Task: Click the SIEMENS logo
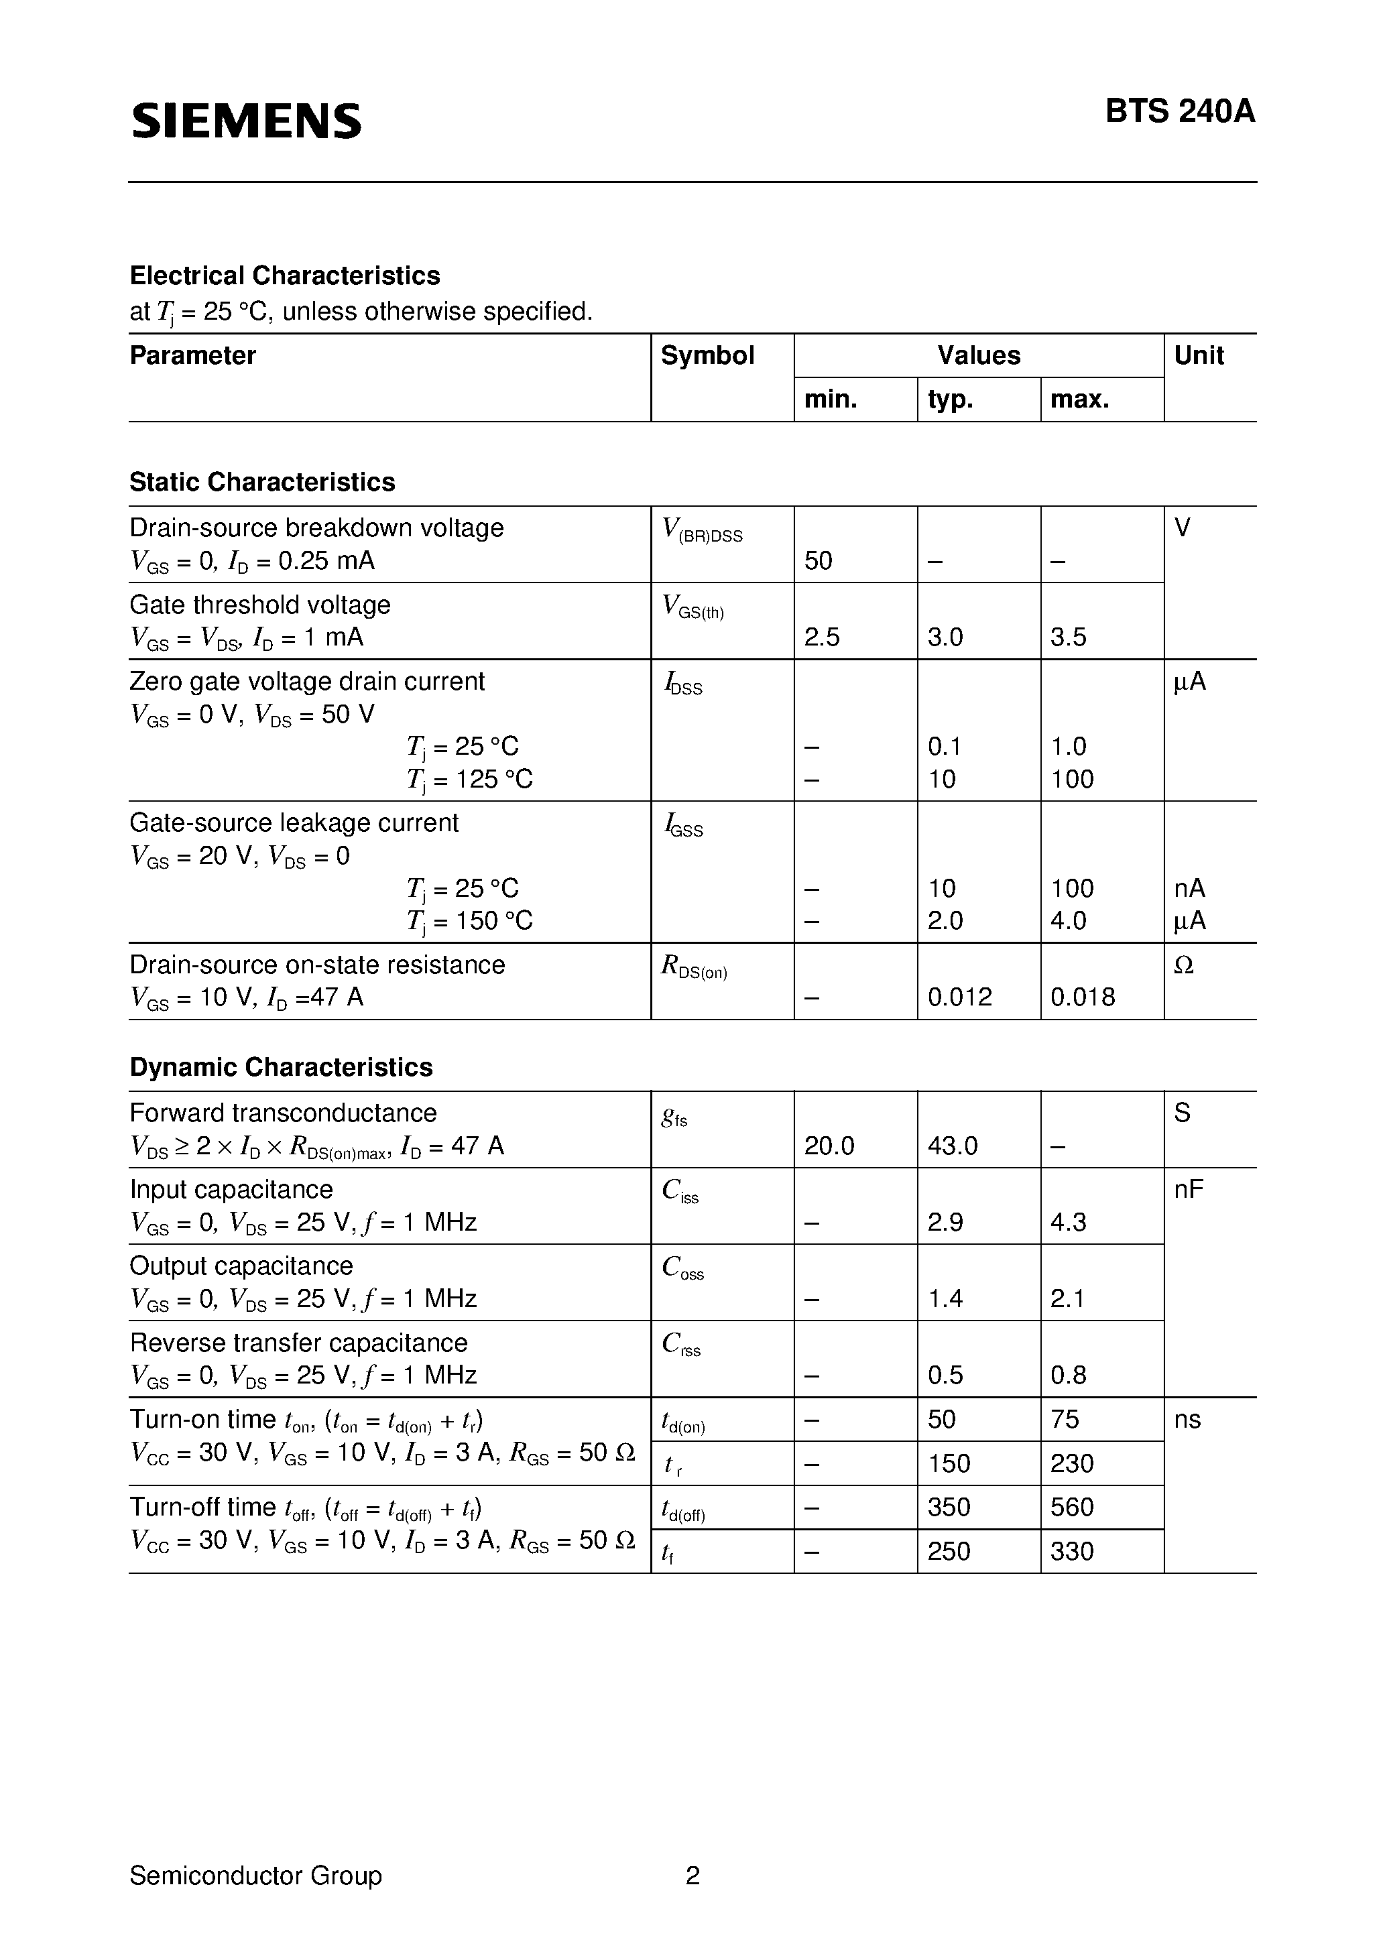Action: point(247,121)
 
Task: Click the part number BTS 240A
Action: point(1179,112)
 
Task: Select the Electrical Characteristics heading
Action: point(284,275)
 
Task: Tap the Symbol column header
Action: point(707,355)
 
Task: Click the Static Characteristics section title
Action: point(262,483)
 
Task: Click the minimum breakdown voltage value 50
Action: point(818,561)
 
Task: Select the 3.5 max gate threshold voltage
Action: point(1068,637)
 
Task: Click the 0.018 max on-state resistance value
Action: point(1083,997)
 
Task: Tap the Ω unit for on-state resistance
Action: point(1183,965)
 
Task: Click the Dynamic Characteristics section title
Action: point(281,1067)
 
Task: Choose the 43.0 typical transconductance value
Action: point(952,1146)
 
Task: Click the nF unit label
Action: point(1189,1189)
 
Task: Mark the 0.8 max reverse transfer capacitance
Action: point(1068,1375)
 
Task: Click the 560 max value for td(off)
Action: point(1072,1508)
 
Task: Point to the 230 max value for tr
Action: point(1072,1464)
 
